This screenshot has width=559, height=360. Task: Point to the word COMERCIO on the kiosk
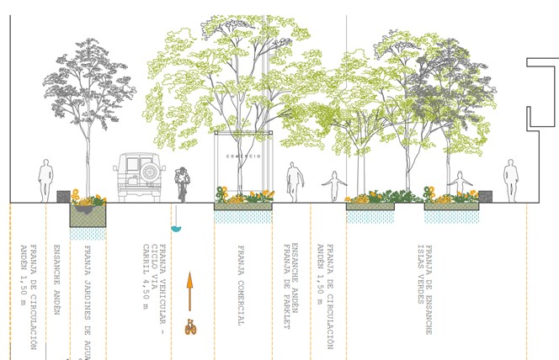point(243,156)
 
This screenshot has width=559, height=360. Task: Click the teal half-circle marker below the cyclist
point(176,227)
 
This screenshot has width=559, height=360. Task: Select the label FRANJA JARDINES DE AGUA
point(88,299)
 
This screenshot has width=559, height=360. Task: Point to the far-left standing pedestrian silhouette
point(45,180)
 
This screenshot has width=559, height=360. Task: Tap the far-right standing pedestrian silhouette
point(511,181)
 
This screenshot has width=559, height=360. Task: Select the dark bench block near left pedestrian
point(63,196)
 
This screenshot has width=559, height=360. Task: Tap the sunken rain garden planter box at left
point(88,214)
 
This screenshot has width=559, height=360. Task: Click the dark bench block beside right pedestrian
point(486,196)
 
